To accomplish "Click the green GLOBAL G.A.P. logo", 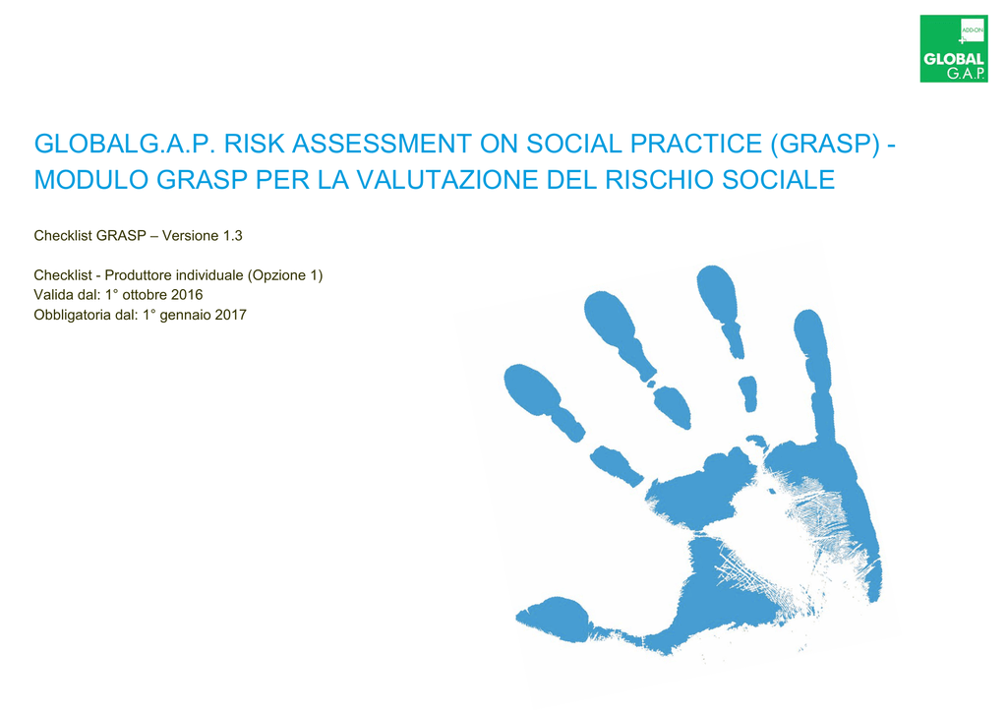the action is (x=954, y=49).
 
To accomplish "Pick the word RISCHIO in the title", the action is (x=660, y=180).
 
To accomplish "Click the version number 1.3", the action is (x=232, y=236).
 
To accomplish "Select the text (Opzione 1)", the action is (x=285, y=275).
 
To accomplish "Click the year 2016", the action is (x=187, y=295).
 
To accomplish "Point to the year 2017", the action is (x=230, y=315).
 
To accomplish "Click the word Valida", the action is (x=50, y=295).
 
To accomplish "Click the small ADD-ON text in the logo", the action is (x=973, y=30).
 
